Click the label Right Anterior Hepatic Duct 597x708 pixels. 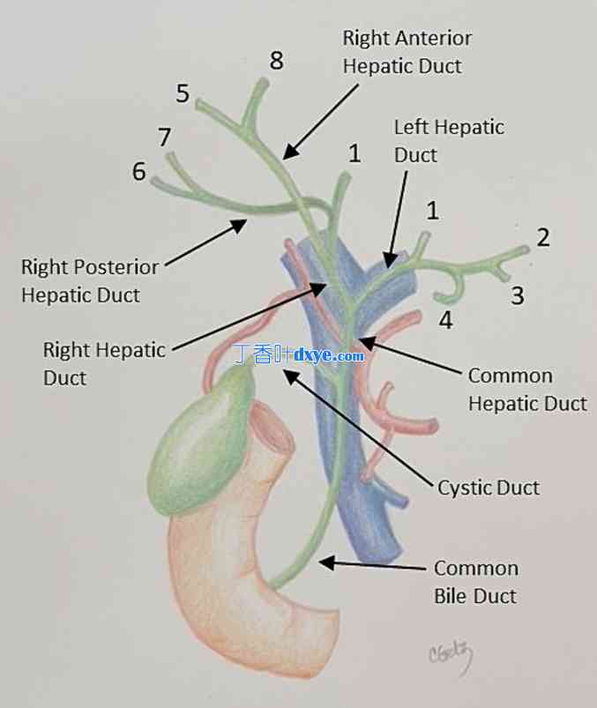coord(407,51)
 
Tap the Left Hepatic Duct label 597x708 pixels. coord(448,140)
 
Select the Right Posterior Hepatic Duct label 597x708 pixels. coord(89,280)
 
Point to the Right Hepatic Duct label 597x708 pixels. coord(103,363)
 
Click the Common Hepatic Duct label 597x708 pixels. coord(526,389)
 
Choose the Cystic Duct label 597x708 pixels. coord(488,488)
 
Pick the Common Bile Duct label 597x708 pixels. coord(475,582)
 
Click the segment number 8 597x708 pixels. coord(277,61)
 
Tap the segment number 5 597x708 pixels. coord(183,93)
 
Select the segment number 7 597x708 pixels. coord(165,138)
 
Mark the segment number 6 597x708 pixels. coord(139,171)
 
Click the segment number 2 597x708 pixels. coord(543,236)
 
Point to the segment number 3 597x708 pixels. coord(518,295)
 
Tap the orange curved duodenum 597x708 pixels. coord(238,582)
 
